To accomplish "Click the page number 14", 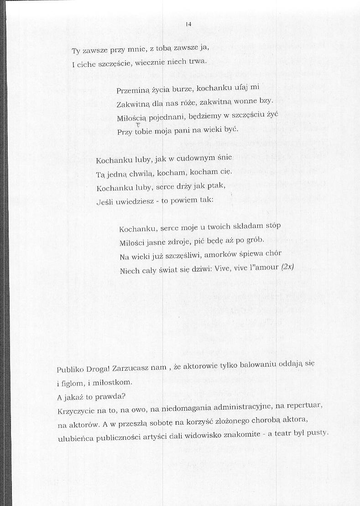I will [188, 24].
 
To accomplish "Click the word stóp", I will [272, 226].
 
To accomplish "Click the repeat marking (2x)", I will [287, 267].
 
